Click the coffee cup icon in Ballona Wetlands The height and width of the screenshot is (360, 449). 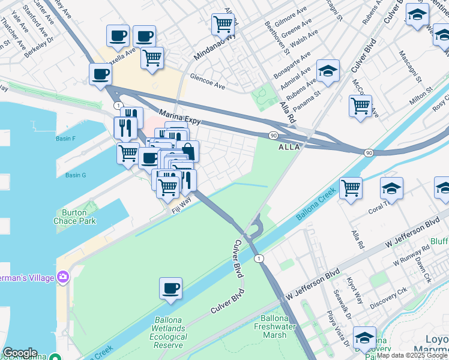point(170,288)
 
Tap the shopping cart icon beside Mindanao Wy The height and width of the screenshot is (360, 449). point(223,25)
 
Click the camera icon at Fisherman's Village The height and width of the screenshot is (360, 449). point(63,276)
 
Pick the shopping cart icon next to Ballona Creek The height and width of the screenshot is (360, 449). point(351,187)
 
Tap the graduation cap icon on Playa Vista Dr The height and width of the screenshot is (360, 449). point(364,337)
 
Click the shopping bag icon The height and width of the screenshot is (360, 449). point(187,151)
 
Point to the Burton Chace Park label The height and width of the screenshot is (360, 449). point(79,217)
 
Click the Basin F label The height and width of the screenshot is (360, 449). point(65,139)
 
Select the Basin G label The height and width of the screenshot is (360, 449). point(76,175)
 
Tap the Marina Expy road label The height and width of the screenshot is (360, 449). point(179,116)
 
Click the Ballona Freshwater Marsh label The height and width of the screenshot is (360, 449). point(274,326)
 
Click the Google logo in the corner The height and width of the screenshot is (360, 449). point(20,353)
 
